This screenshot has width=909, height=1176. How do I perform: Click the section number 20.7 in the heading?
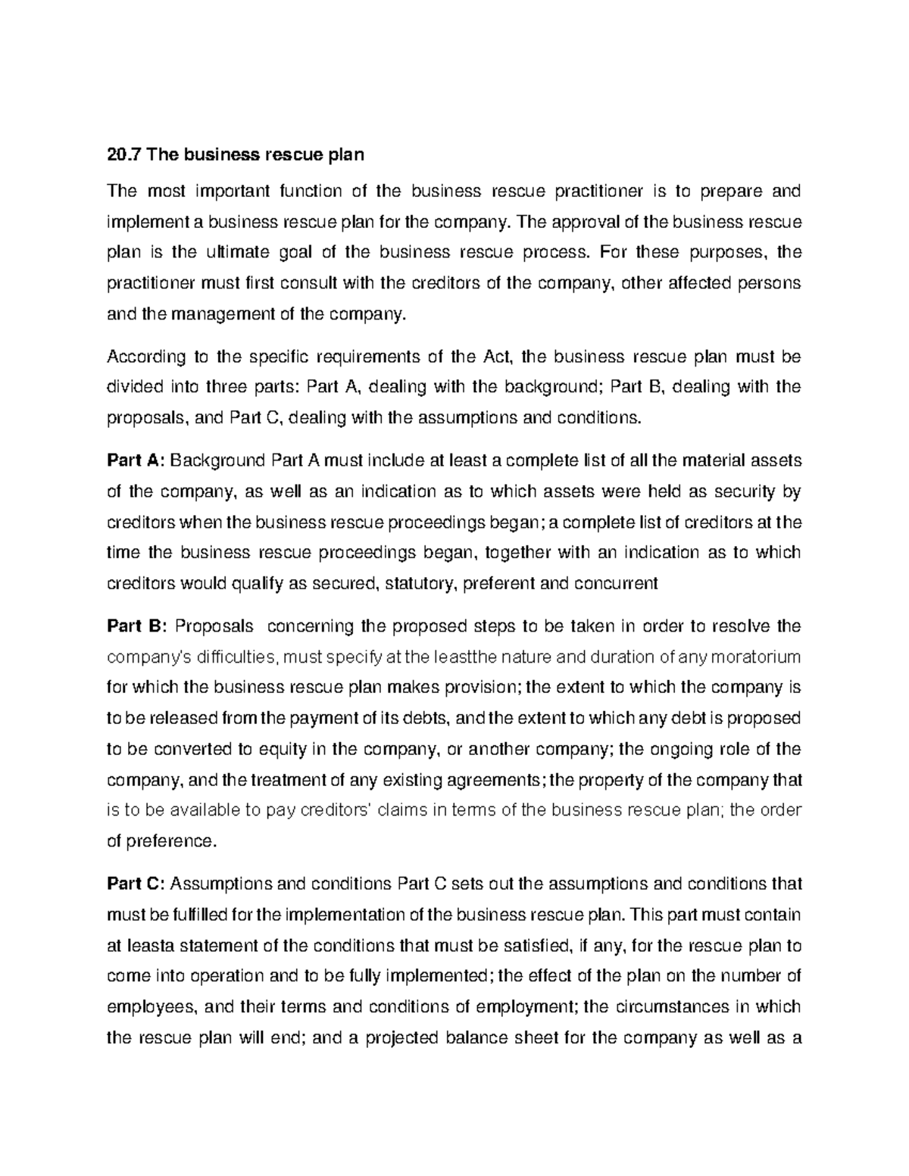point(124,155)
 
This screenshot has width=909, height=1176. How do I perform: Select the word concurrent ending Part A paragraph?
point(617,583)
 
